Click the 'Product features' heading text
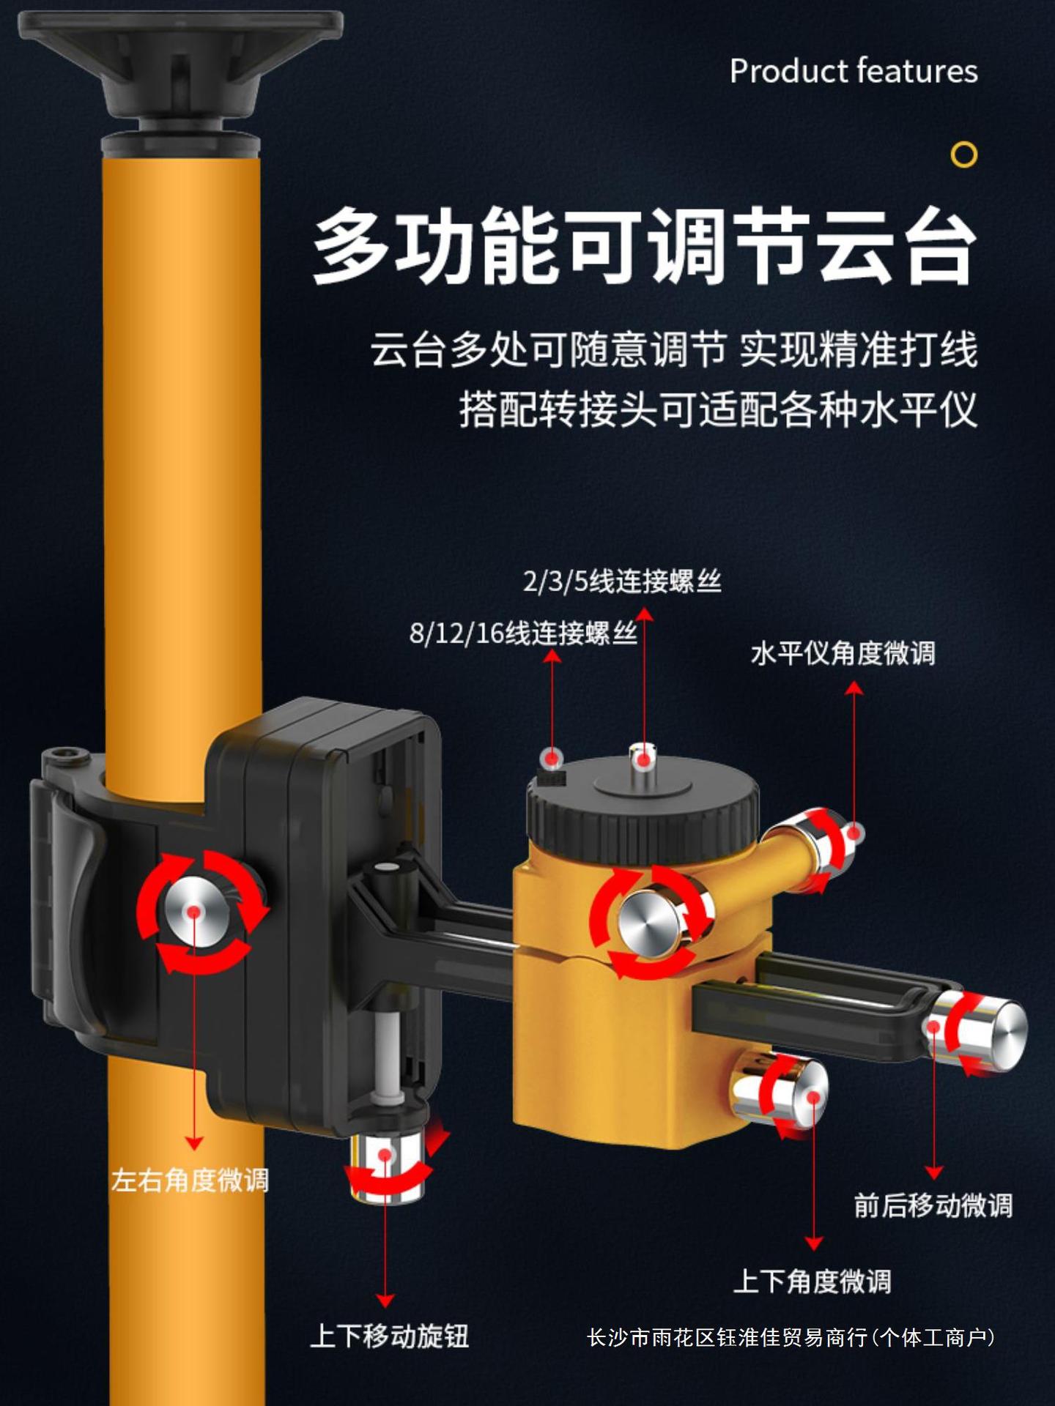[x=854, y=71]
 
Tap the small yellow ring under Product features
[x=963, y=155]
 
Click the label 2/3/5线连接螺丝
[x=622, y=581]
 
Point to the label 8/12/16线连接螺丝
[x=523, y=633]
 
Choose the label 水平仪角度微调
[x=843, y=653]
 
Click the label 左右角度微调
[x=190, y=1180]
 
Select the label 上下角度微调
[x=812, y=1281]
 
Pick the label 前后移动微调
[x=933, y=1205]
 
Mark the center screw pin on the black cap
[x=643, y=760]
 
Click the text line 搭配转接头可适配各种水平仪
[x=718, y=409]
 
